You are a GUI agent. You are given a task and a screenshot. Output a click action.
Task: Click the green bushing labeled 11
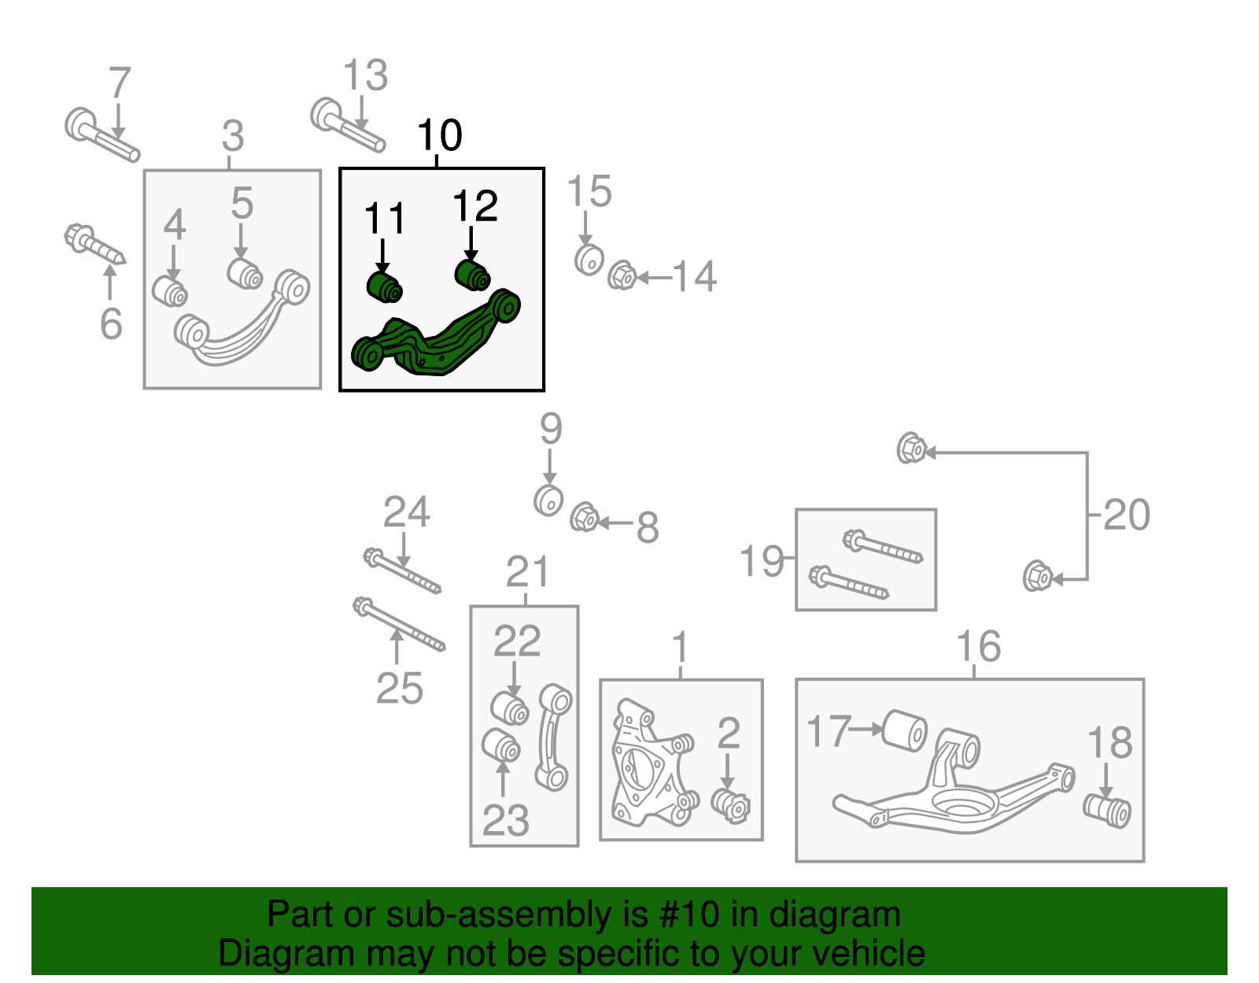385,286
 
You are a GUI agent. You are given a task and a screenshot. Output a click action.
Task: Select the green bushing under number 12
473,275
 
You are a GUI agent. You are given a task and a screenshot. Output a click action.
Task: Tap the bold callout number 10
440,135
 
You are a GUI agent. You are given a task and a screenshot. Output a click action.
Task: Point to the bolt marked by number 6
94,245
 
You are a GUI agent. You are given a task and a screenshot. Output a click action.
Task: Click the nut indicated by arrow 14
622,275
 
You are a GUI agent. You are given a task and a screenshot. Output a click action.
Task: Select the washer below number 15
589,260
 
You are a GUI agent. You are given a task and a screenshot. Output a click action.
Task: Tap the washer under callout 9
548,500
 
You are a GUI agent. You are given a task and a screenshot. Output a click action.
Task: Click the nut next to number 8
584,518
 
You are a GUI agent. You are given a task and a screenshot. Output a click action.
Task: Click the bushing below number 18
1107,811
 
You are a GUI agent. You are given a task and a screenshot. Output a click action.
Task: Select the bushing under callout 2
732,805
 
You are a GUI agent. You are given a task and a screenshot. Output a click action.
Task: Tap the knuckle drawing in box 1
647,763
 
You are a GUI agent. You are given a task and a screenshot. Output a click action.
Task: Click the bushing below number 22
510,707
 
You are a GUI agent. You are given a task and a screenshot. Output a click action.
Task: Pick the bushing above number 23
500,745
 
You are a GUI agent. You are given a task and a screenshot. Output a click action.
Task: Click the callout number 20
1126,516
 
